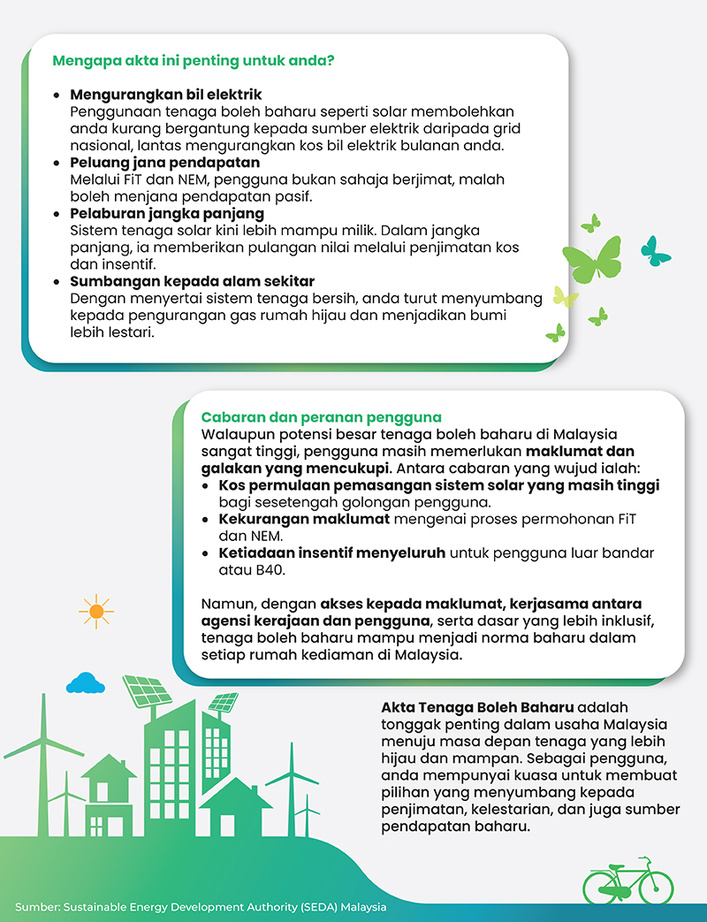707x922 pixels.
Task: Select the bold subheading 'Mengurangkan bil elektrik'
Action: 165,94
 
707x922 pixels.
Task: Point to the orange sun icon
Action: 96,610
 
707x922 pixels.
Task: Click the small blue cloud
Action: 85,682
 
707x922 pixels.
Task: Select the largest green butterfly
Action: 592,260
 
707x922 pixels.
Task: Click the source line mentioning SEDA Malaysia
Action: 201,907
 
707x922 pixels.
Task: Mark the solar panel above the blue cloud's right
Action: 146,690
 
